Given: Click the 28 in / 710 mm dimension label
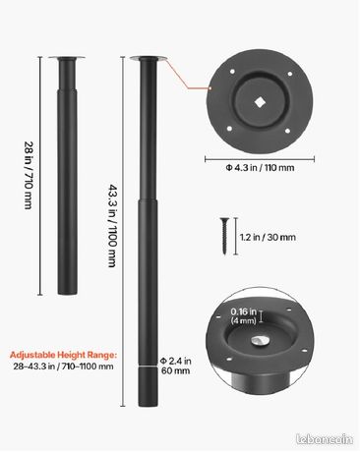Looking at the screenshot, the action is tap(29, 175).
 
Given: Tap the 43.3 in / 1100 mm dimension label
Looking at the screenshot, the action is tap(112, 226).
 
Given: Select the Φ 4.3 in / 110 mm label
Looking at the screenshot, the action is tap(260, 168).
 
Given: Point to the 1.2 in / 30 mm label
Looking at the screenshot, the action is tap(268, 237).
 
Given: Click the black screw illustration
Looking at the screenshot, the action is tap(224, 236).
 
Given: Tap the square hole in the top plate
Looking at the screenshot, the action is tap(260, 102).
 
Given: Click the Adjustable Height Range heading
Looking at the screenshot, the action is tap(63, 355).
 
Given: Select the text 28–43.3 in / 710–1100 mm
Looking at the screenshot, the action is tap(63, 367).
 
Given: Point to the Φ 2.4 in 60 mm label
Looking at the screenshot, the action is tap(176, 366).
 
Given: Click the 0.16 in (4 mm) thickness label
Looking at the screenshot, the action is tap(243, 316).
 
